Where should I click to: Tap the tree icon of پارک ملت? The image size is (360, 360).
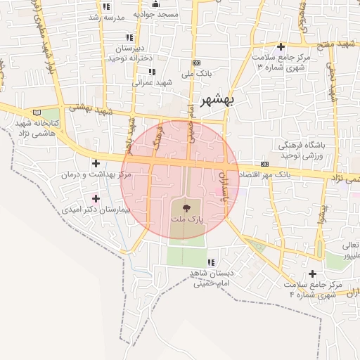(x=186, y=208)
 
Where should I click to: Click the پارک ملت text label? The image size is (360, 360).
(x=186, y=220)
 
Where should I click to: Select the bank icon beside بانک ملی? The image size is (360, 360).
(x=196, y=63)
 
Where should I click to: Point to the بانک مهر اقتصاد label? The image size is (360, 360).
(x=262, y=174)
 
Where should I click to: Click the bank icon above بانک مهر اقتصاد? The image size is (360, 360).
(x=264, y=163)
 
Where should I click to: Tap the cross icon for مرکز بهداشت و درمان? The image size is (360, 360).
(x=96, y=164)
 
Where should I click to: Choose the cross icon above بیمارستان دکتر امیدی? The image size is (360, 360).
(x=96, y=199)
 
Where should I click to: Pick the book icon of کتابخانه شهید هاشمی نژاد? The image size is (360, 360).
(x=37, y=112)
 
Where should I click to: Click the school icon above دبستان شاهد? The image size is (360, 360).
(x=211, y=262)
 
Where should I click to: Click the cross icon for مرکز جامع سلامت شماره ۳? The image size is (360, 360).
(x=281, y=46)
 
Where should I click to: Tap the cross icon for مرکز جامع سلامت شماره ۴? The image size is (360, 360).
(x=313, y=274)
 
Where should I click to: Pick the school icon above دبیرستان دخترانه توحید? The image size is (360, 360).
(x=129, y=37)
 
